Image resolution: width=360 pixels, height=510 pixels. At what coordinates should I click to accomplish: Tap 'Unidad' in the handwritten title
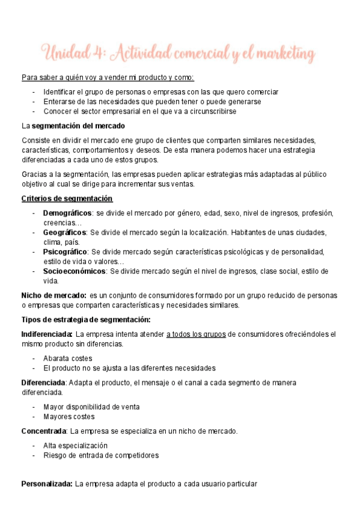tap(64, 54)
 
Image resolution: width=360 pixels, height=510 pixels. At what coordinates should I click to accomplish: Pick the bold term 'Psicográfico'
tap(66, 252)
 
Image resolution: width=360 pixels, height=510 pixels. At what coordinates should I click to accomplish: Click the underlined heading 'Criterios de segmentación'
tap(67, 199)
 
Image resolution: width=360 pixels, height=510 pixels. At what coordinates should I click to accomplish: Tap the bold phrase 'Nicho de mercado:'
tap(53, 295)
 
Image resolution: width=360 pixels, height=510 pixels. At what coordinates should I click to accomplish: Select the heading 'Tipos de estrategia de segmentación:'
tap(86, 319)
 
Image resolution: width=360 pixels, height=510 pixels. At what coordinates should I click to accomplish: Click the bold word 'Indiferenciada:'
tap(47, 334)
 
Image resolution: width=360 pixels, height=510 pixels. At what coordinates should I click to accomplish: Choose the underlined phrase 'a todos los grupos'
tap(196, 334)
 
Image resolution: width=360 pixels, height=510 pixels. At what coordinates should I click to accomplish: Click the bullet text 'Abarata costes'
tap(68, 358)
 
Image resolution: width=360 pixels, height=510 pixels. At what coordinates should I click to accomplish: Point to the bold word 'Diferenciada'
tap(44, 382)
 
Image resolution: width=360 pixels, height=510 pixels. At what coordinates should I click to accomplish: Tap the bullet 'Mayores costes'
tap(69, 416)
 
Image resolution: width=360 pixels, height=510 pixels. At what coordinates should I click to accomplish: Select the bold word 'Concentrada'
tap(43, 431)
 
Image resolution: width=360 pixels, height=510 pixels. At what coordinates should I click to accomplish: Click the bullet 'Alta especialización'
tap(75, 446)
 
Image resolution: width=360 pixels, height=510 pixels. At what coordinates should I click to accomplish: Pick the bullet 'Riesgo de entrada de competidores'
tap(101, 455)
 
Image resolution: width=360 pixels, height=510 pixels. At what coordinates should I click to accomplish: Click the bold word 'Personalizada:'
tap(47, 484)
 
